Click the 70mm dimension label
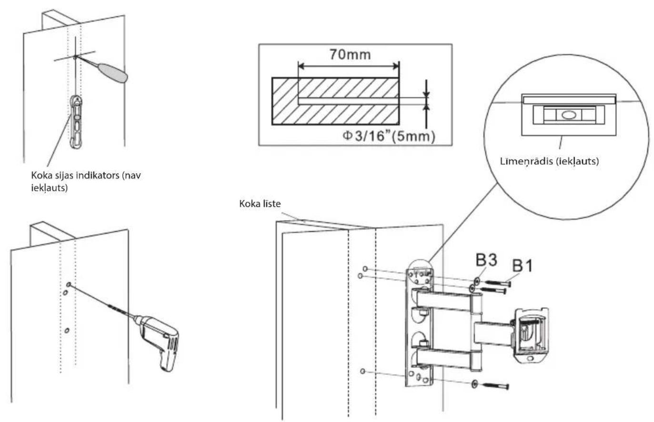pyautogui.click(x=350, y=55)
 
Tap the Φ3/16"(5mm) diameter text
pyautogui.click(x=389, y=136)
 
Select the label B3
pyautogui.click(x=486, y=260)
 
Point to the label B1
pyautogui.click(x=523, y=265)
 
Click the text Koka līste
pyautogui.click(x=260, y=204)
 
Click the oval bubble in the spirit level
pyautogui.click(x=569, y=115)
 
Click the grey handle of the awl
pyautogui.click(x=113, y=73)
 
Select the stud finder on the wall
pyautogui.click(x=76, y=122)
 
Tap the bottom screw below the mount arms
pyautogui.click(x=495, y=386)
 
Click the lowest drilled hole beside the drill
pyautogui.click(x=67, y=331)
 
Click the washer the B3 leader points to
pyautogui.click(x=477, y=281)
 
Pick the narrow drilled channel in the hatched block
pyautogui.click(x=348, y=101)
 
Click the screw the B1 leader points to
pyautogui.click(x=497, y=283)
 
